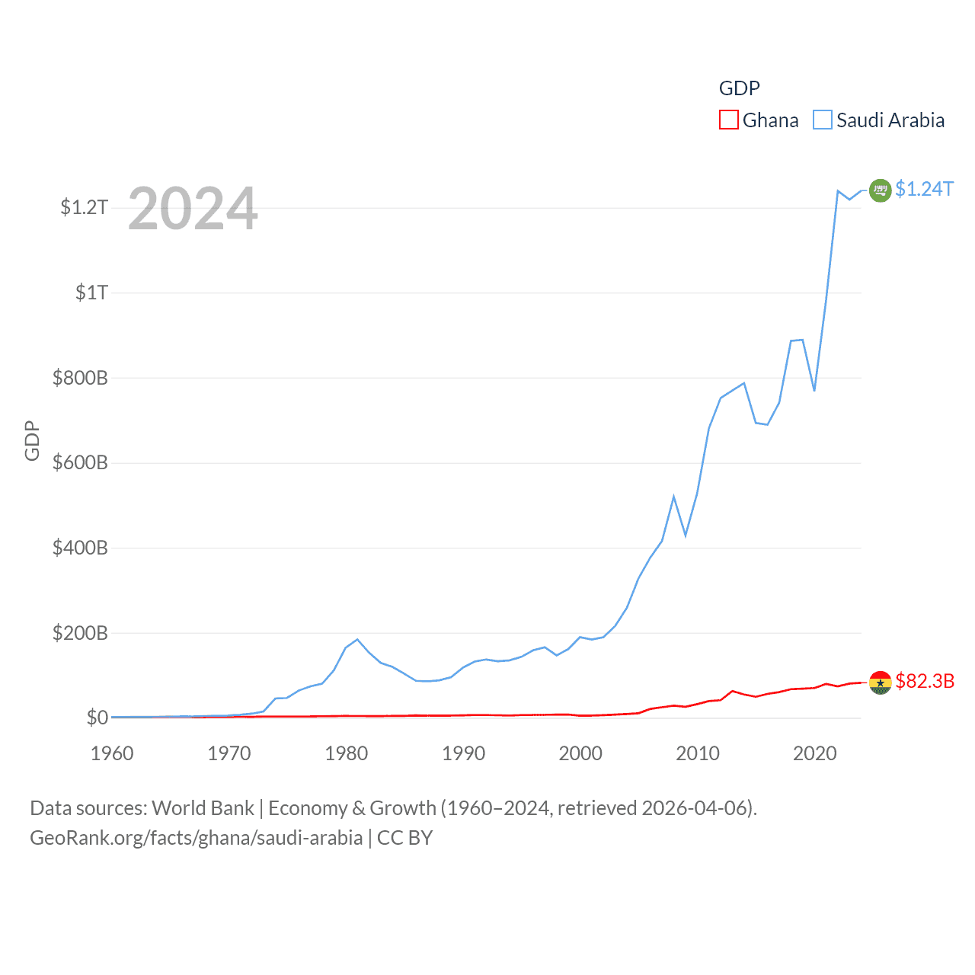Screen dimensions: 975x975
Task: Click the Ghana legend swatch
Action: coord(728,120)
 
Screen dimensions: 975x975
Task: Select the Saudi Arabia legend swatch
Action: coord(823,120)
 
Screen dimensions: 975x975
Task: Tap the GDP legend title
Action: coord(739,88)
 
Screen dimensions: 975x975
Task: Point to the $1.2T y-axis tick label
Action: coord(84,207)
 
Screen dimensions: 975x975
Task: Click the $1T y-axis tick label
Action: coord(91,292)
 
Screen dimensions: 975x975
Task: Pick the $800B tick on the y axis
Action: coord(79,378)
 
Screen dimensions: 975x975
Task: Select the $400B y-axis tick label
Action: coord(79,548)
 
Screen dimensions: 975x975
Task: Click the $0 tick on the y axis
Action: coord(97,718)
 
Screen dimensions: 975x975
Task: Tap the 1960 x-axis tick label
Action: coord(112,753)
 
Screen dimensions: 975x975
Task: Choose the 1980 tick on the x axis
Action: coord(347,753)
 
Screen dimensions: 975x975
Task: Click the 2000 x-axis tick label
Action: coord(580,753)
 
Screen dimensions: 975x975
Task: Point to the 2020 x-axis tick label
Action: coord(815,753)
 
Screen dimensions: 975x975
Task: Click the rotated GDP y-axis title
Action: coord(32,440)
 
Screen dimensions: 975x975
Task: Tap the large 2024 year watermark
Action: coord(193,209)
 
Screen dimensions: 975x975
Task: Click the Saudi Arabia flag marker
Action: coord(880,190)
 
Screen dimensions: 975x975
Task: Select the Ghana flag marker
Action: coord(880,682)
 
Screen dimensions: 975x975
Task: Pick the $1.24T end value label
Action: coord(924,189)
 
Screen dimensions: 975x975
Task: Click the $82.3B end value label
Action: coord(925,681)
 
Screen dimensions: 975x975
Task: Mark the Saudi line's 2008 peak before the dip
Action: coord(673,497)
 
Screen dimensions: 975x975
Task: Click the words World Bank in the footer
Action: coord(203,807)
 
